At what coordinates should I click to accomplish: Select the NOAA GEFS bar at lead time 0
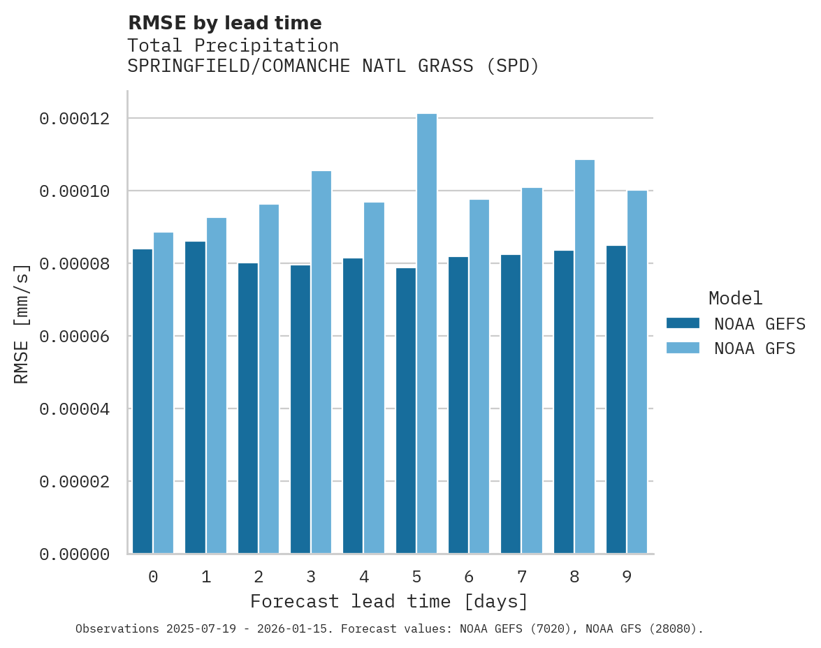[143, 402]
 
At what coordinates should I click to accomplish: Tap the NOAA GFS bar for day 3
[321, 362]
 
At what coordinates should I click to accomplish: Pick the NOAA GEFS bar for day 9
[616, 399]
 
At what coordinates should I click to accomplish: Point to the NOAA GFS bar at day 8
[585, 357]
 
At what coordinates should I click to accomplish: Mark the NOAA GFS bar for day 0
[164, 393]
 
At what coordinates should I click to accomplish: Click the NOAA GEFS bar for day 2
[248, 408]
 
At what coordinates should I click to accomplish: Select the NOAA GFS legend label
[755, 348]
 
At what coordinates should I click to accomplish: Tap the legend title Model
[735, 298]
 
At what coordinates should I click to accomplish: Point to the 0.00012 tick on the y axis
[75, 119]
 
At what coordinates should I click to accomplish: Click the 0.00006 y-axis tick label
[75, 337]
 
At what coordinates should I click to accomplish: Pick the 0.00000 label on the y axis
[75, 554]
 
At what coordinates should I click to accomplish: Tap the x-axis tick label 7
[522, 577]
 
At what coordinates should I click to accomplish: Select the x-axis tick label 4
[364, 577]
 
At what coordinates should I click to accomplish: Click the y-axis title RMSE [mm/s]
[22, 324]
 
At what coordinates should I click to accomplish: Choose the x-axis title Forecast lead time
[389, 601]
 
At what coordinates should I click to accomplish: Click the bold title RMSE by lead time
[224, 23]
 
